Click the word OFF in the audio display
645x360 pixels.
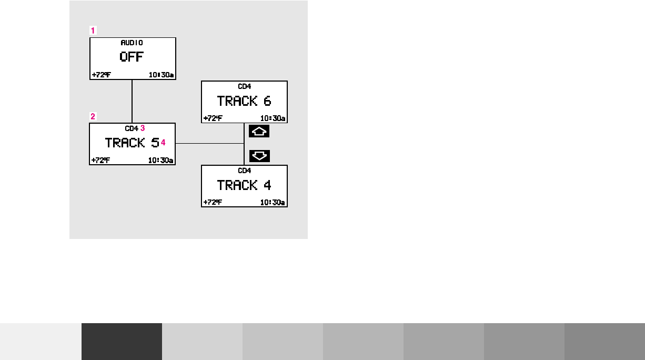[132, 57]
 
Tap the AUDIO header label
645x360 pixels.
[132, 43]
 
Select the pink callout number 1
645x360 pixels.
[93, 31]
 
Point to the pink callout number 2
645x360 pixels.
[93, 116]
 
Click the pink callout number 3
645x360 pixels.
[142, 128]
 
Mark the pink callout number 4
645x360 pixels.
[163, 143]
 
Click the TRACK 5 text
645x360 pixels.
[132, 143]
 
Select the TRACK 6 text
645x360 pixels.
[244, 101]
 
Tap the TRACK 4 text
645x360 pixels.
[244, 185]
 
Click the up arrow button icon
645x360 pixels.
[259, 132]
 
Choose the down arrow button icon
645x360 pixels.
[259, 156]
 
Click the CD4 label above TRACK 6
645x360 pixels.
[245, 86]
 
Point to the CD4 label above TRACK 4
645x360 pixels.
[245, 171]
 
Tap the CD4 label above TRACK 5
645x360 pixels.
[131, 128]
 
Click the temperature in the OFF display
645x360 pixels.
[101, 75]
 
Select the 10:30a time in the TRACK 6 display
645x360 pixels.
[273, 118]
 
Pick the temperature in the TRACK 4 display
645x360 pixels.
[213, 203]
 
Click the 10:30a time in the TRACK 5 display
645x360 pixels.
[160, 161]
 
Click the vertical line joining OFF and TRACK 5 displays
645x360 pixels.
[132, 101]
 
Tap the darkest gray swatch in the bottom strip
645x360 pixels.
[122, 341]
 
